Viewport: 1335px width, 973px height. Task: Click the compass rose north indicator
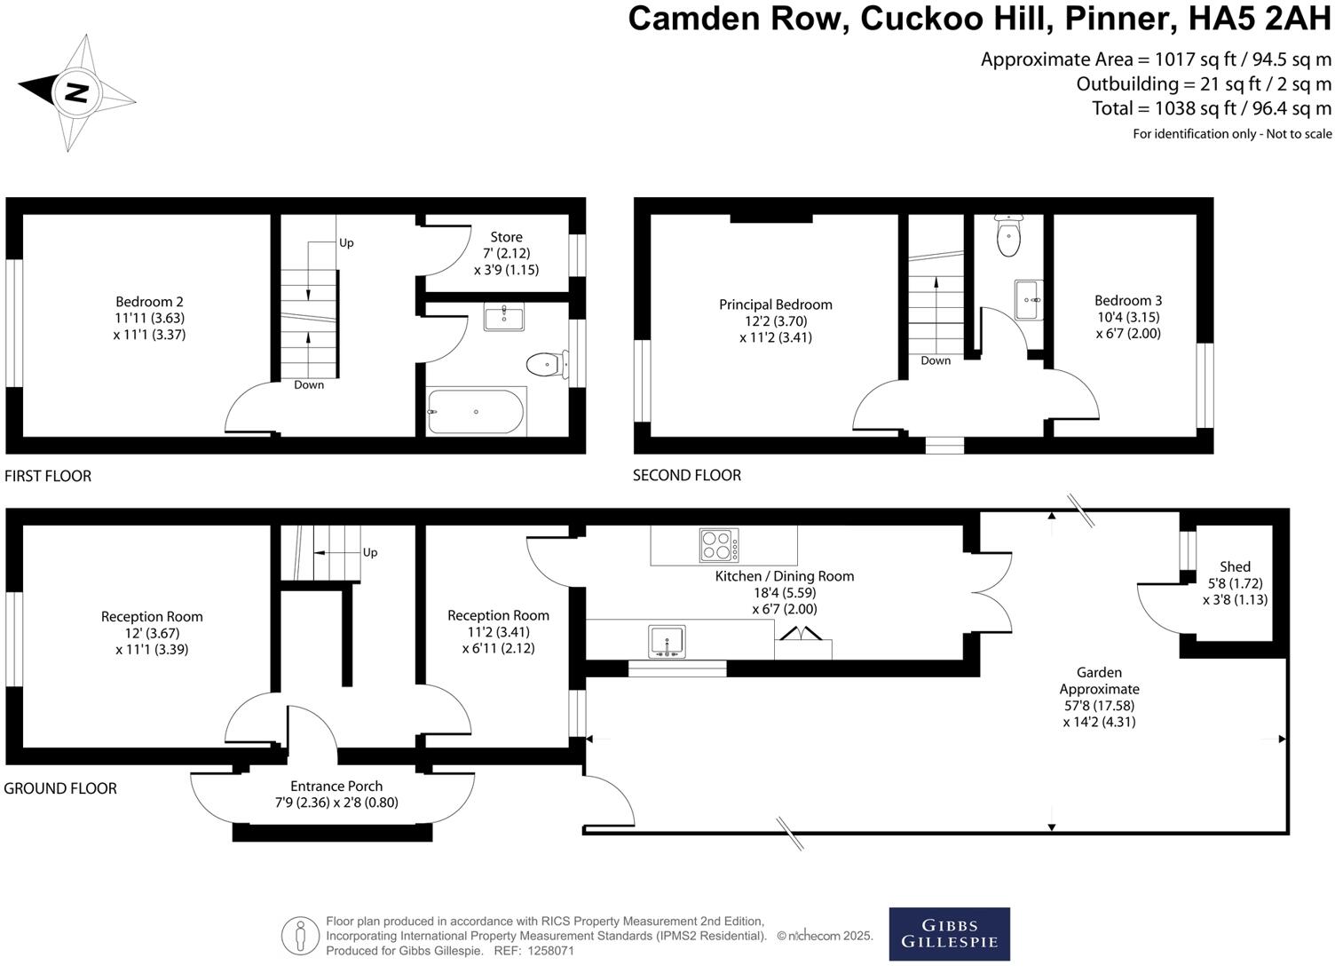(76, 92)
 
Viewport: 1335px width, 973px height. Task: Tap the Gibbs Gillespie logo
(949, 934)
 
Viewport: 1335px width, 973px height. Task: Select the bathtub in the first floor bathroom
(476, 411)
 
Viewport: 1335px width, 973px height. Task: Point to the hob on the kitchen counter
(719, 545)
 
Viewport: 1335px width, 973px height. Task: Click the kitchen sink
(667, 641)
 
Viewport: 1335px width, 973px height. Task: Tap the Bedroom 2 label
(149, 302)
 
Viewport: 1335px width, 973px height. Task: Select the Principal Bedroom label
(775, 305)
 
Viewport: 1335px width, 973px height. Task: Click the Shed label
(1235, 566)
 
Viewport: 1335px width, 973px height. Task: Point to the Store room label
(506, 237)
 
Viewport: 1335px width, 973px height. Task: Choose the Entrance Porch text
(336, 786)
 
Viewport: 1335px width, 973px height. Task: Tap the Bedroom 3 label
(1127, 301)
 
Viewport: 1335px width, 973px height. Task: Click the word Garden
(1099, 672)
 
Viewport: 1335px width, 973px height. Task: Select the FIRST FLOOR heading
(48, 476)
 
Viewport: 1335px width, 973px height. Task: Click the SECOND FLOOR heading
(686, 475)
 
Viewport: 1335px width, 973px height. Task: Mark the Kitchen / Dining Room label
(784, 576)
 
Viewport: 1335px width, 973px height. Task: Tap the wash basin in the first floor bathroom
(503, 317)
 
